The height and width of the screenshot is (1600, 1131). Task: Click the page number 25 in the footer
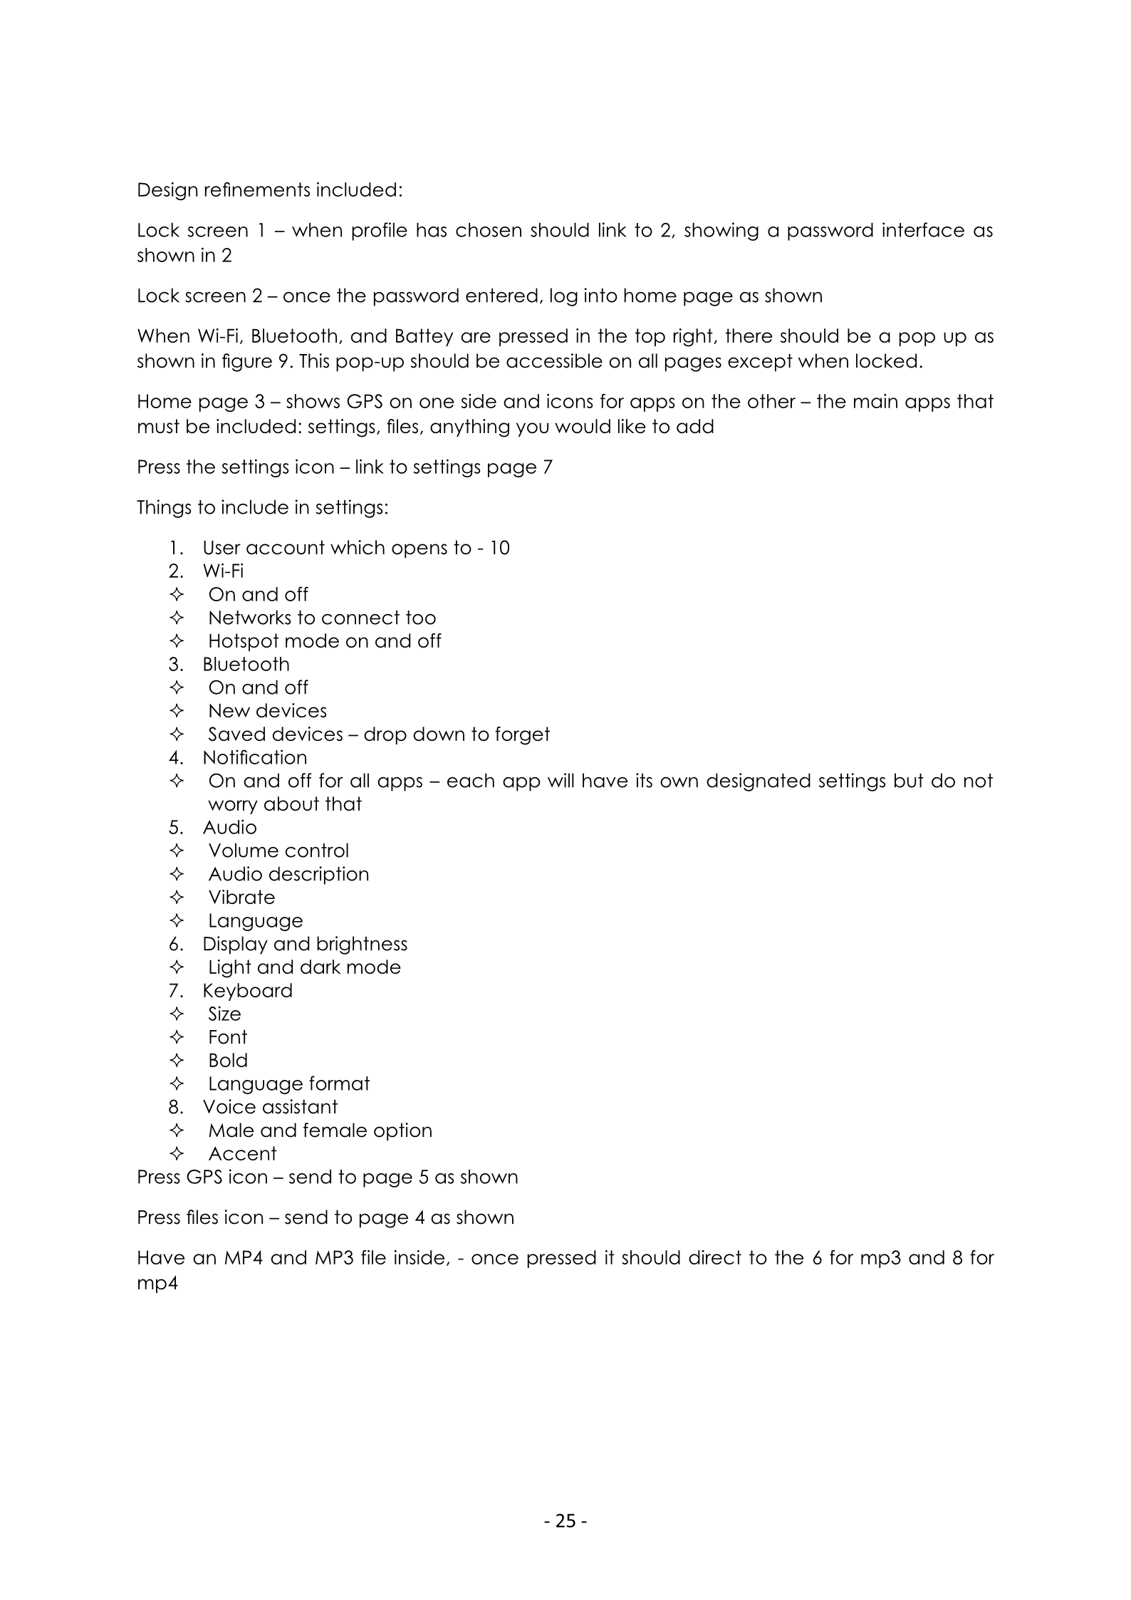point(565,1521)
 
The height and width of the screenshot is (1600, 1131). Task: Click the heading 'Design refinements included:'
point(270,190)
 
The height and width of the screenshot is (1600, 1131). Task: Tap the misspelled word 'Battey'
point(424,336)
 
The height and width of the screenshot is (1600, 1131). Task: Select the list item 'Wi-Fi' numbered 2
point(223,571)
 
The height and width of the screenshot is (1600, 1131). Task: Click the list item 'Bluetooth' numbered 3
point(246,664)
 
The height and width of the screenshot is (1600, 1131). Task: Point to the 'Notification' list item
point(255,757)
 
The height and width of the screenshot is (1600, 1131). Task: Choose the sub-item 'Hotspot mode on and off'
point(324,640)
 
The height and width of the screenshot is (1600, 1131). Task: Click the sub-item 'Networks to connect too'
point(322,618)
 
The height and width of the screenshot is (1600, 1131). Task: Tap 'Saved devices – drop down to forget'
point(379,734)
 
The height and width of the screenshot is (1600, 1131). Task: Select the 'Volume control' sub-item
point(278,851)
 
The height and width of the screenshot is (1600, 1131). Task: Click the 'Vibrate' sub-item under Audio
point(241,897)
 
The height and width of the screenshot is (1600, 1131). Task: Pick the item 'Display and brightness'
point(305,944)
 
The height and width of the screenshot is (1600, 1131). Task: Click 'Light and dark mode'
point(304,967)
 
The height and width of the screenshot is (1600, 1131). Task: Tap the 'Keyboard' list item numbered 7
point(247,990)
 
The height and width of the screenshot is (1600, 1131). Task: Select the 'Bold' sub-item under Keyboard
point(228,1060)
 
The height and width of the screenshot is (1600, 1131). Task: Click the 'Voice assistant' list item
point(270,1106)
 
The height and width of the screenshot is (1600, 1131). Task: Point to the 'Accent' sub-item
point(242,1153)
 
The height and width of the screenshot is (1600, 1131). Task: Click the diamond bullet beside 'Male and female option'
point(177,1131)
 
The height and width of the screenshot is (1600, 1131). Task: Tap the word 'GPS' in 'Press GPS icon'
point(204,1177)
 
